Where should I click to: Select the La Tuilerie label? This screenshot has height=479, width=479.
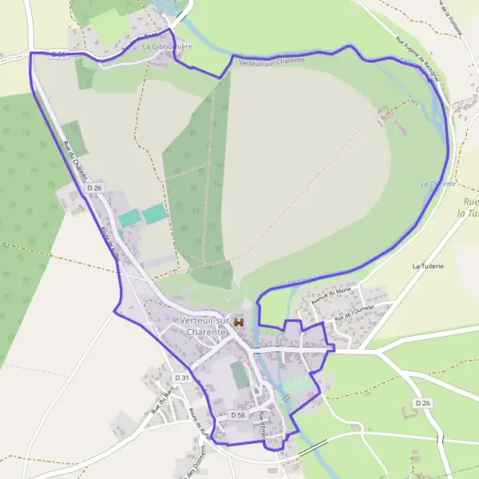tap(428, 265)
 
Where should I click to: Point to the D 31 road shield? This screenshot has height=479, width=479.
tap(183, 377)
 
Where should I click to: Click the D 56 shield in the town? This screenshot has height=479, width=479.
tap(239, 415)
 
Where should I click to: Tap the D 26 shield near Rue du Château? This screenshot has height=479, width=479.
tap(94, 188)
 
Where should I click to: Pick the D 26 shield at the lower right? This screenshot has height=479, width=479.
tap(422, 404)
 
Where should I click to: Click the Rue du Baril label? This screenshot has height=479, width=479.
tap(163, 399)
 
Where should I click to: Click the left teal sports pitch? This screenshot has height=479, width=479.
tap(128, 217)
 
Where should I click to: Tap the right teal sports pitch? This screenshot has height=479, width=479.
tap(154, 213)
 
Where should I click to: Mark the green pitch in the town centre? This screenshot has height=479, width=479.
tap(239, 375)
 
